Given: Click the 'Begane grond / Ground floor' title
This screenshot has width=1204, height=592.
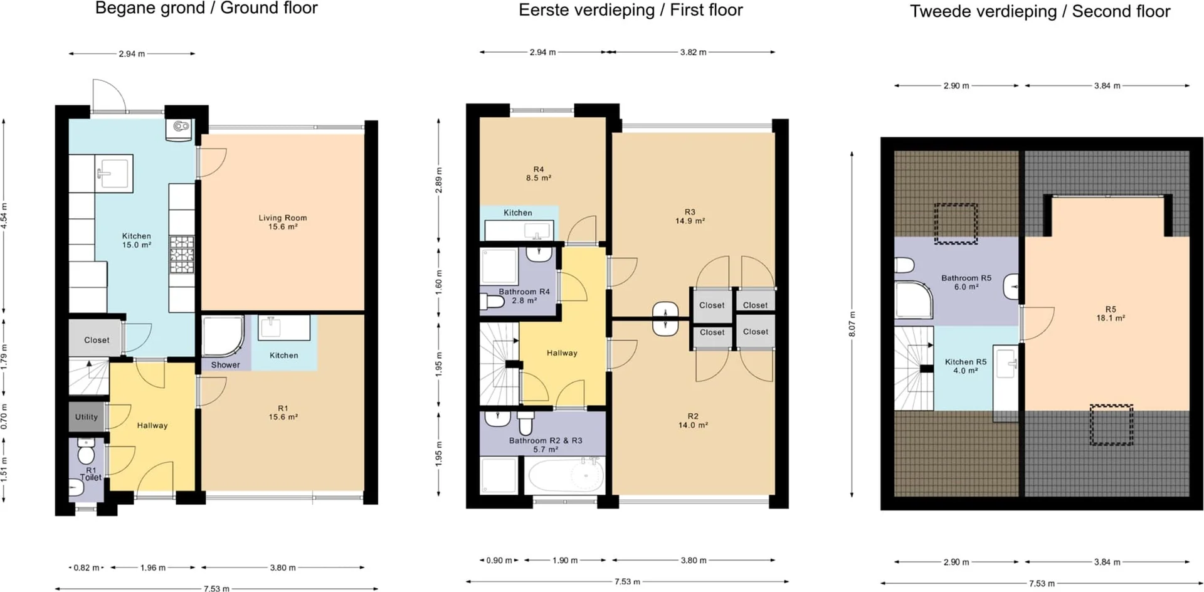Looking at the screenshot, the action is click(206, 8).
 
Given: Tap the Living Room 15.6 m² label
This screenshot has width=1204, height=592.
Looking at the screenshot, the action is click(283, 222).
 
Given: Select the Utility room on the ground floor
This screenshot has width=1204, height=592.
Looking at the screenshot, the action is click(87, 417).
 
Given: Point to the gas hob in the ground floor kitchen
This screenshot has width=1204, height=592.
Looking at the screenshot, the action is click(182, 255).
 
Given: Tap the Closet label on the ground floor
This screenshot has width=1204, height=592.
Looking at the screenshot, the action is click(97, 340).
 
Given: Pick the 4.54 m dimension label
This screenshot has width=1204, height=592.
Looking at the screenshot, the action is click(4, 216).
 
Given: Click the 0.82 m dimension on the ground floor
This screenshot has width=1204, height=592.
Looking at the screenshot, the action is click(87, 568).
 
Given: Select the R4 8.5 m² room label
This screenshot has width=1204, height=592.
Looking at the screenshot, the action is click(539, 174).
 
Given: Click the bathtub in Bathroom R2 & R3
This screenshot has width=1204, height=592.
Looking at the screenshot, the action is click(566, 475).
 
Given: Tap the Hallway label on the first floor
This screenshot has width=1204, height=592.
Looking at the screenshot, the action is click(562, 353).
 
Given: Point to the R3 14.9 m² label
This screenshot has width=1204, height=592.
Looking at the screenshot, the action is click(690, 216).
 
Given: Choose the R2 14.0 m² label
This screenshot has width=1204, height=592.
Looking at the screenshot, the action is click(693, 421).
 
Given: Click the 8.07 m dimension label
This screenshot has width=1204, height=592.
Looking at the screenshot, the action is click(852, 324).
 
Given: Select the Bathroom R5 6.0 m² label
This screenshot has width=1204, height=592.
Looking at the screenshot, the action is click(966, 282).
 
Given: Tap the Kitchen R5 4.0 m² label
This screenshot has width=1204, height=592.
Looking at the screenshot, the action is click(966, 366).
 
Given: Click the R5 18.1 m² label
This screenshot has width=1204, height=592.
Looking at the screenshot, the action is click(1111, 314).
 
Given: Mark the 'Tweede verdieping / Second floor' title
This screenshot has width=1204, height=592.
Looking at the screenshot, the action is click(1040, 11).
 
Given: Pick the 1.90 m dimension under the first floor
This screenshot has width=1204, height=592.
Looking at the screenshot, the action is click(565, 561).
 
